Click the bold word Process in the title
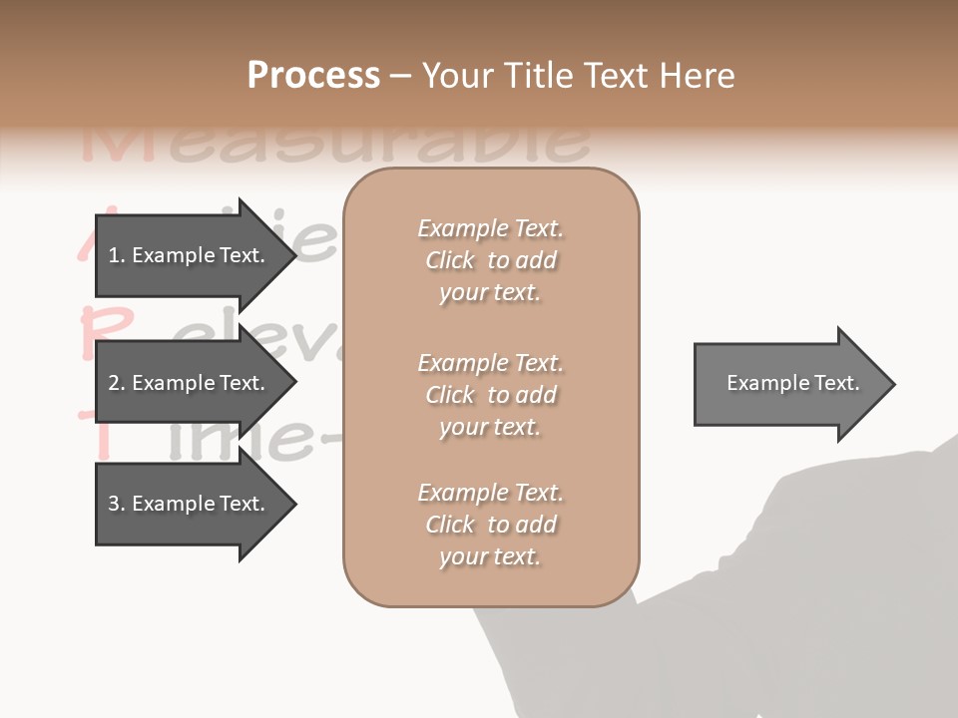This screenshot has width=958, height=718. (x=313, y=76)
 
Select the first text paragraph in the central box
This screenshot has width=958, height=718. (x=490, y=260)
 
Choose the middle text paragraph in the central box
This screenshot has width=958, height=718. (x=490, y=395)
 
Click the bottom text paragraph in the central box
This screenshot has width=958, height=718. (x=490, y=525)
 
